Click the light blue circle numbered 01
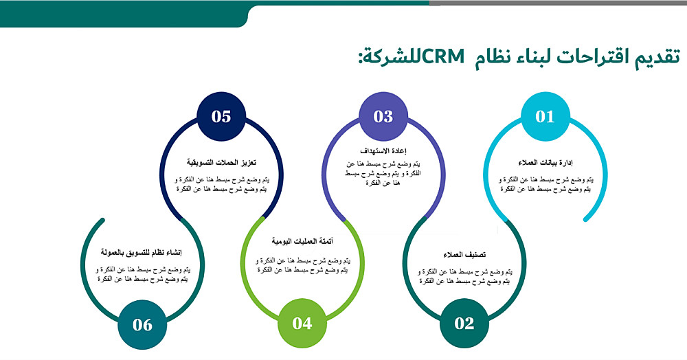coord(545,116)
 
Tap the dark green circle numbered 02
coord(464,323)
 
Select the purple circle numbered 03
coord(383,116)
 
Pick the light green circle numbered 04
coord(302,323)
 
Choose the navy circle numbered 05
coord(221,116)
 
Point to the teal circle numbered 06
coord(142,324)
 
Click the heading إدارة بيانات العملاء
coord(545,163)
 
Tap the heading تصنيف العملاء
coord(464,255)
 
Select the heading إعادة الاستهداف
coord(383,151)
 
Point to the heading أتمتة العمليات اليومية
coord(302,241)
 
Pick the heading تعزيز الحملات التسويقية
coord(221,163)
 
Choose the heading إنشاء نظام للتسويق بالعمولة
coord(141,253)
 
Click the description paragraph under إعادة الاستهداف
coord(383,173)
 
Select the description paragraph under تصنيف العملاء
coord(464,276)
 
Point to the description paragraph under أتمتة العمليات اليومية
coord(302,265)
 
